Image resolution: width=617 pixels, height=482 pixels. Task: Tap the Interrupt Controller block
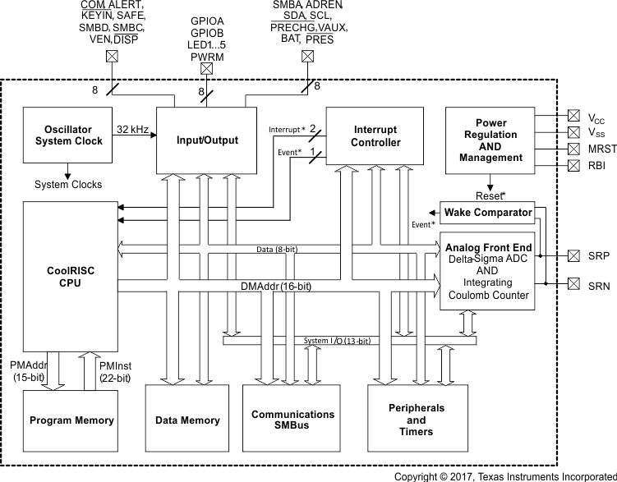(x=375, y=135)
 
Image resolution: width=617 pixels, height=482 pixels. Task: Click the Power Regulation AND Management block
(x=491, y=140)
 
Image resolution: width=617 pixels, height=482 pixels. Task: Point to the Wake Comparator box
(x=487, y=213)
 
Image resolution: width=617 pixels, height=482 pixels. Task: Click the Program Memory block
(x=71, y=420)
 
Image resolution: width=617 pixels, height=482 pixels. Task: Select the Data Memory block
(x=187, y=420)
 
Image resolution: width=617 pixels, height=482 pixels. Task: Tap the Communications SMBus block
(x=292, y=420)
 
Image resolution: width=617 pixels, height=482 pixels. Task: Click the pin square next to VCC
(x=573, y=116)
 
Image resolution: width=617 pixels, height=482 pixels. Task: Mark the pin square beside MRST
(x=573, y=149)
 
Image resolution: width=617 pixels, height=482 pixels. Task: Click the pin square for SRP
(x=573, y=256)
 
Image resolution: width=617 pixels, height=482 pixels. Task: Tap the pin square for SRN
(x=573, y=284)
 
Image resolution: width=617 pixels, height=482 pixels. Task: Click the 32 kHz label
(x=132, y=129)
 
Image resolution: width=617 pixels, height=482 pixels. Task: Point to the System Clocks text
(x=68, y=185)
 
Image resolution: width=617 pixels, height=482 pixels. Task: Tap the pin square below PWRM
(x=207, y=70)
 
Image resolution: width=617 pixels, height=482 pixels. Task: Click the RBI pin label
(x=596, y=165)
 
